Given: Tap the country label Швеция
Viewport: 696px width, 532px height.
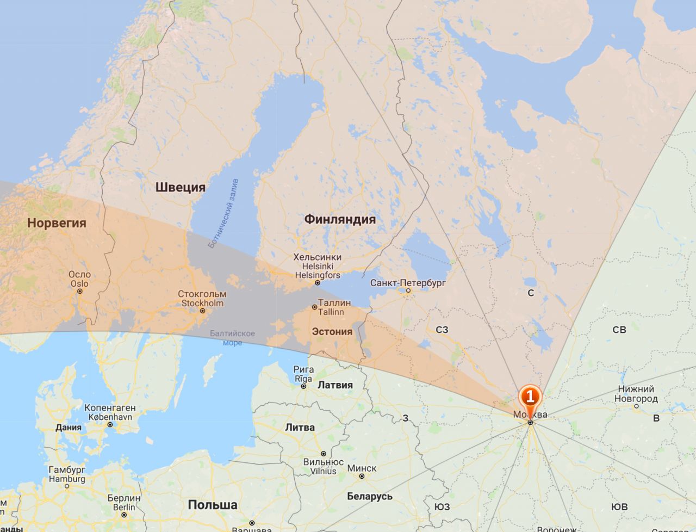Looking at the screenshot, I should pos(181,188).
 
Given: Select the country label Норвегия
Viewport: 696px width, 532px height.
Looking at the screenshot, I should pos(57,223).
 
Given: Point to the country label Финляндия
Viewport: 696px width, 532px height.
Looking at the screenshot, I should pos(340,219).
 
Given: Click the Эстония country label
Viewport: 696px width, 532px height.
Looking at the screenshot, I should pos(332,332).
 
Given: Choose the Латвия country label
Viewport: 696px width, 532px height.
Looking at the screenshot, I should pos(335,385).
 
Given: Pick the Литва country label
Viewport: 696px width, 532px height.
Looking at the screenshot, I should pos(300,428).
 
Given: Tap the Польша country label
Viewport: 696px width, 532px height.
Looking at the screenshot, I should pos(213,505).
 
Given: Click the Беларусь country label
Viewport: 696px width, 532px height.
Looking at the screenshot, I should pos(370,496).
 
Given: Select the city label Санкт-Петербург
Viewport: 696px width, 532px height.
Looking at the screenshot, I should pos(408,283).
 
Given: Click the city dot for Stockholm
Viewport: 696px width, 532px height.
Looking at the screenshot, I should pos(202,311).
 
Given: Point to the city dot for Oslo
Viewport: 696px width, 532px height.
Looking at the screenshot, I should pos(80,291).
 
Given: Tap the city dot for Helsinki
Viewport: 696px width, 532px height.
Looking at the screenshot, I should pos(318,283).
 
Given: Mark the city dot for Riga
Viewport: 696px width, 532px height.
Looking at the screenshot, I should pos(303,386).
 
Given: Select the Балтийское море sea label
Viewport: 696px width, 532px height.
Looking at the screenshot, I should pos(232,338).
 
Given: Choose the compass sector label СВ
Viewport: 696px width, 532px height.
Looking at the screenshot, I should pos(619,330).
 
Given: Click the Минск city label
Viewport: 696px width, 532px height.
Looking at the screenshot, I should pos(362,468).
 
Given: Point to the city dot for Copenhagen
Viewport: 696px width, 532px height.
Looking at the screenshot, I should pos(110,424).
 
